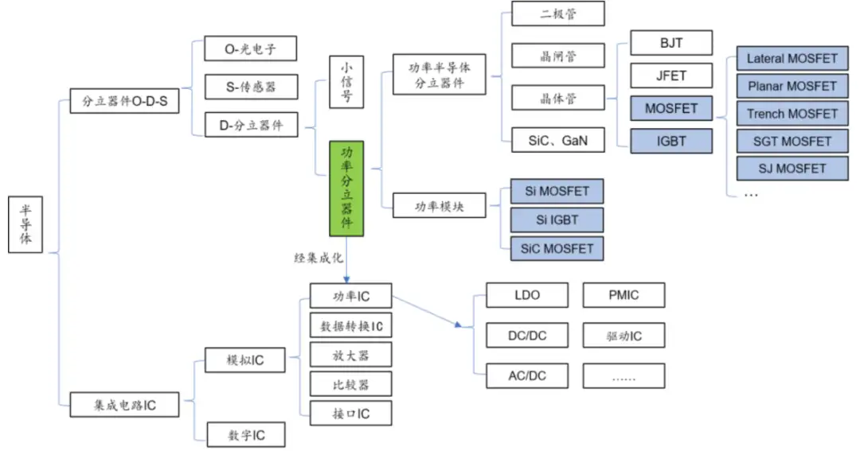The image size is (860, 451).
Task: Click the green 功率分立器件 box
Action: pyautogui.click(x=346, y=189)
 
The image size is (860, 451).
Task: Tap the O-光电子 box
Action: pyautogui.click(x=250, y=49)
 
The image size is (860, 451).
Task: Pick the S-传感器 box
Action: pyautogui.click(x=250, y=87)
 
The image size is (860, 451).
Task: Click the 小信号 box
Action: pyautogui.click(x=346, y=81)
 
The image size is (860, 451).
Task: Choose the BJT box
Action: pyautogui.click(x=670, y=43)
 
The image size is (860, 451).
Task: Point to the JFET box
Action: pyautogui.click(x=670, y=76)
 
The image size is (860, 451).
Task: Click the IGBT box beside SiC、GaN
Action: pyautogui.click(x=670, y=141)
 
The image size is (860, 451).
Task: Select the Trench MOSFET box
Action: pyautogui.click(x=792, y=114)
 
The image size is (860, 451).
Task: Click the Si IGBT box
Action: pyautogui.click(x=557, y=220)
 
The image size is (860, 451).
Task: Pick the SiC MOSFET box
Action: pyautogui.click(x=557, y=248)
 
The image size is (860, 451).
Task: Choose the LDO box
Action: pyautogui.click(x=526, y=295)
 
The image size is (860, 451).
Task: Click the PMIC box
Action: pyautogui.click(x=623, y=295)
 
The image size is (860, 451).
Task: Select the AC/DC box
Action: pyautogui.click(x=526, y=375)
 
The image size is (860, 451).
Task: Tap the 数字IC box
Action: pyautogui.click(x=246, y=435)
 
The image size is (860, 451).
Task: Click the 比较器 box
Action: pyautogui.click(x=350, y=384)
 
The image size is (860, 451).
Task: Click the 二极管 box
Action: pyautogui.click(x=557, y=14)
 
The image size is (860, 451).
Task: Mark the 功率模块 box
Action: pyautogui.click(x=439, y=206)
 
